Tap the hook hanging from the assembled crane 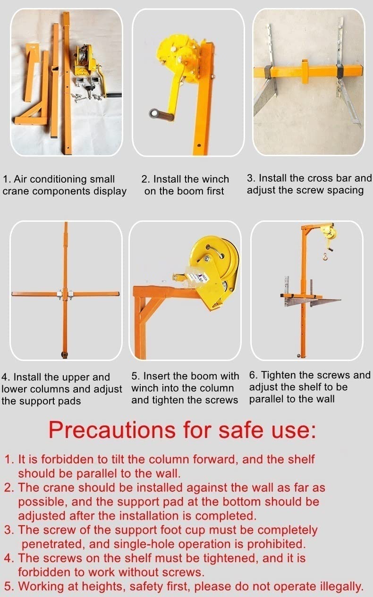(324, 256)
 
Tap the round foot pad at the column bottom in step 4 (64, 354)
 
